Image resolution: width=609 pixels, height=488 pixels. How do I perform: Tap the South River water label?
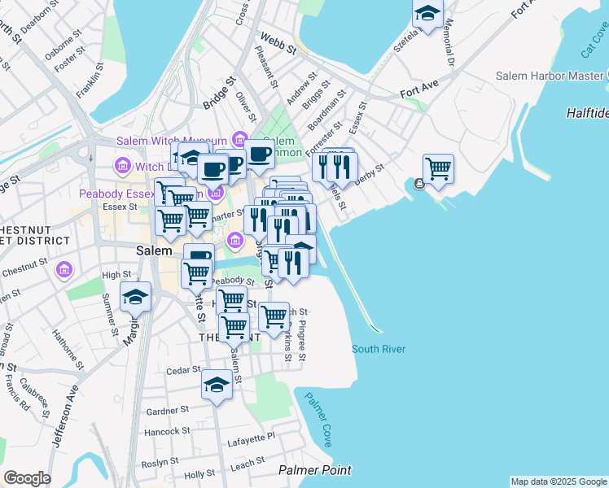click(x=378, y=349)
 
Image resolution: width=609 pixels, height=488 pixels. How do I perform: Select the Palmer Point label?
click(x=314, y=470)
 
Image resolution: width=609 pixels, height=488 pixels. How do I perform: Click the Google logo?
click(x=27, y=478)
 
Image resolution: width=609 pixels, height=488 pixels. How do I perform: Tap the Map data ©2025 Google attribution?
click(x=559, y=481)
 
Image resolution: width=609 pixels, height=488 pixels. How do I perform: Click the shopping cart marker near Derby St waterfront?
click(x=438, y=169)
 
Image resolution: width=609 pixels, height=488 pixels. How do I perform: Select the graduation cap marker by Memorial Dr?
click(x=427, y=14)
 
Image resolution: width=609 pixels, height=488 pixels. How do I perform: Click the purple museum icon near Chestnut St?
click(x=66, y=268)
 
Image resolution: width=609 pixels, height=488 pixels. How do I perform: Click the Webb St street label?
click(x=278, y=43)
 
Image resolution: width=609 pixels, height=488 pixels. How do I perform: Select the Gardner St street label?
click(x=168, y=411)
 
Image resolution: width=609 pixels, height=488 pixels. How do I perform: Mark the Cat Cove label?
click(x=594, y=41)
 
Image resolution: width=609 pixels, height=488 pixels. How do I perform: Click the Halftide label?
click(x=587, y=113)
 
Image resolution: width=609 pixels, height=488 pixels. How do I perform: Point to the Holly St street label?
click(x=199, y=473)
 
